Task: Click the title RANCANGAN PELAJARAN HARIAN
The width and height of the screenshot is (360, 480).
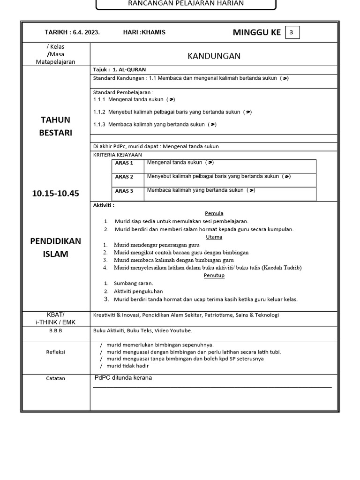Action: pyautogui.click(x=186, y=3)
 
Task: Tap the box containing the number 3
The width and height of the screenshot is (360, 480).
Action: pyautogui.click(x=292, y=32)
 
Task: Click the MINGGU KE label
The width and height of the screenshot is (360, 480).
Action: pyautogui.click(x=256, y=32)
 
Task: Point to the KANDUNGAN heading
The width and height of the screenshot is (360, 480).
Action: pyautogui.click(x=214, y=56)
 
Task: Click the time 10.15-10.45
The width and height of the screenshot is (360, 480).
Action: pyautogui.click(x=56, y=193)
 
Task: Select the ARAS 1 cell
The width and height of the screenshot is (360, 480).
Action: pyautogui.click(x=124, y=163)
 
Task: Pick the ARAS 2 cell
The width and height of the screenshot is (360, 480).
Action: pyautogui.click(x=124, y=177)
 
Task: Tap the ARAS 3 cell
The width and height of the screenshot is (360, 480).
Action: pyautogui.click(x=124, y=191)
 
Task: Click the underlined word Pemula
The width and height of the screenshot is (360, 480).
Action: pyautogui.click(x=214, y=213)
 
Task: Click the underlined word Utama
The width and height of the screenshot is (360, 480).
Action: pyautogui.click(x=214, y=237)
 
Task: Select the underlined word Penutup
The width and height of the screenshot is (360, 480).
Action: pyautogui.click(x=214, y=275)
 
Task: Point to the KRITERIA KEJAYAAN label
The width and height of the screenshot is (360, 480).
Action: pyautogui.click(x=117, y=155)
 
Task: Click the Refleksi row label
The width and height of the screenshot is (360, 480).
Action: pyautogui.click(x=56, y=352)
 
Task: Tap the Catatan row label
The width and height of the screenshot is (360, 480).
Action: pyautogui.click(x=56, y=378)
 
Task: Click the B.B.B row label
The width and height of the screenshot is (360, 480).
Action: pyautogui.click(x=56, y=330)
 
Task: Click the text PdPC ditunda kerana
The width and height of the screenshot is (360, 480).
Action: pyautogui.click(x=123, y=378)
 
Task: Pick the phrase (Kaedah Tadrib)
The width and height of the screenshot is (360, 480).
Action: pyautogui.click(x=281, y=268)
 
